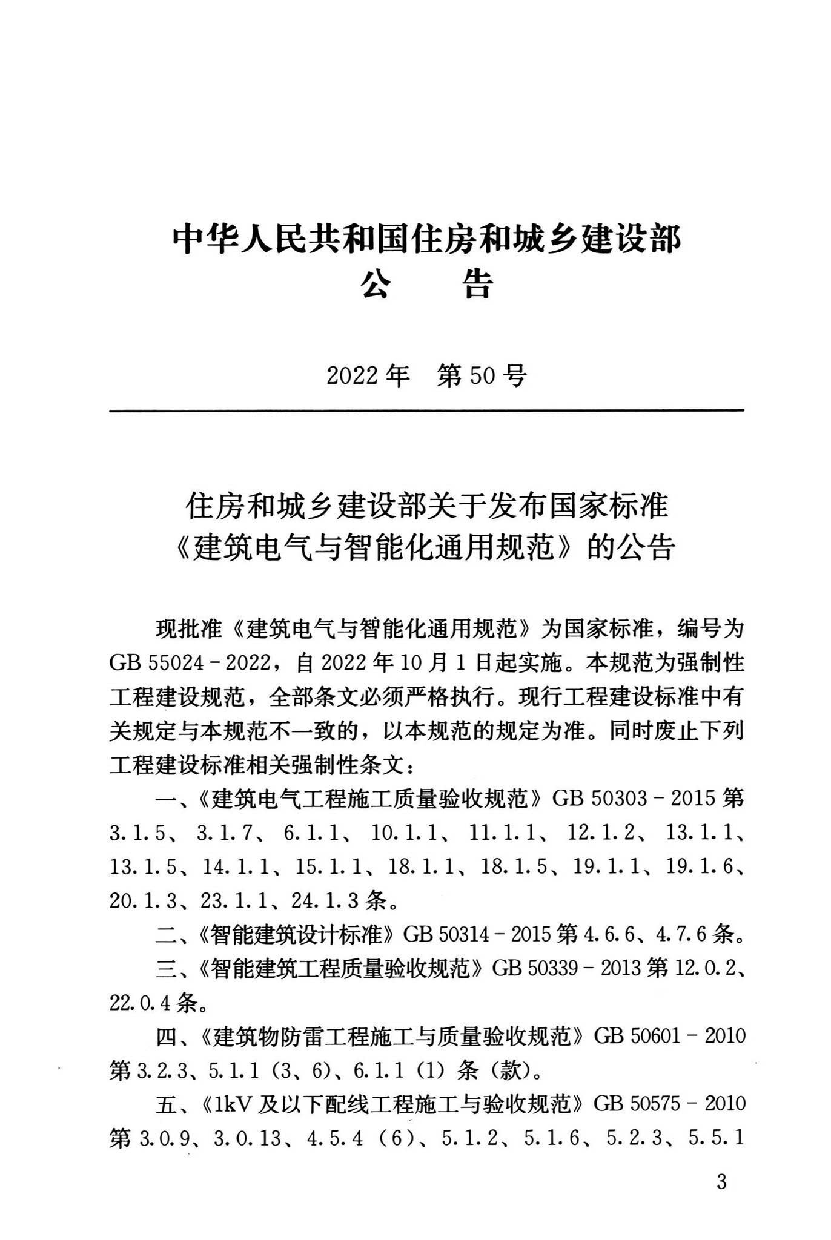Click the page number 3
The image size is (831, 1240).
point(721,1198)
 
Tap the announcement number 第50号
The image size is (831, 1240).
point(482,377)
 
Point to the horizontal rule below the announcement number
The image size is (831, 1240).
point(426,411)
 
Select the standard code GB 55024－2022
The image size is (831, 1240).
point(190,663)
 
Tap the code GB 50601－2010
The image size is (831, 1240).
point(669,1036)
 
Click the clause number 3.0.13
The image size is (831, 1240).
point(248,1138)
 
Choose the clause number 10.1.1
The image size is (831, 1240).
point(404,833)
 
